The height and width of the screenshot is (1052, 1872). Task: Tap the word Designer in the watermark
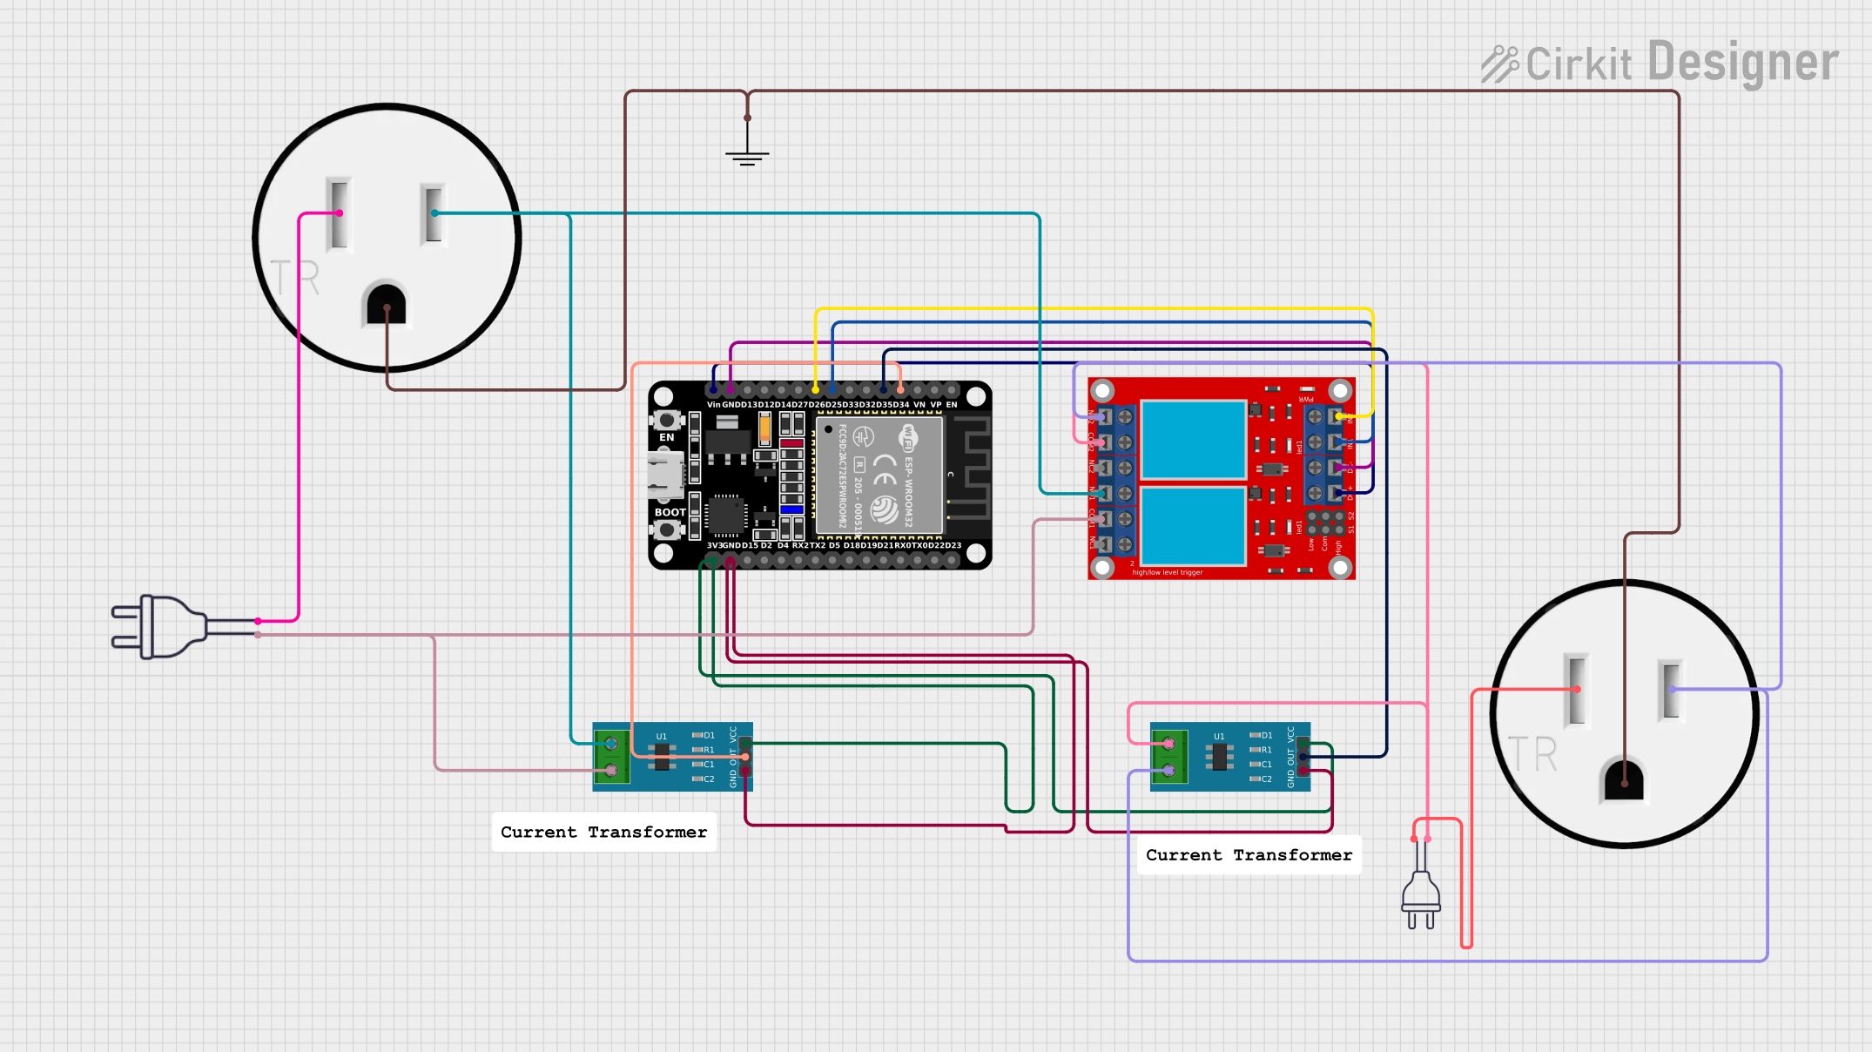pyautogui.click(x=1742, y=63)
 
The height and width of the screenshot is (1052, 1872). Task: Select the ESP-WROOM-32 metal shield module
pyautogui.click(x=879, y=475)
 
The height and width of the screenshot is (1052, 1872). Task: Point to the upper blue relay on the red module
pyautogui.click(x=1193, y=439)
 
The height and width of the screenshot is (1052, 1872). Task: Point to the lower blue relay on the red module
pyautogui.click(x=1193, y=526)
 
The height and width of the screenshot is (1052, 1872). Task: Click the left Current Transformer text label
pyautogui.click(x=603, y=832)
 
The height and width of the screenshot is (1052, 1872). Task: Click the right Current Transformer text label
pyautogui.click(x=1249, y=855)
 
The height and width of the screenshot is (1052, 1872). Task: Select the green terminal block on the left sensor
pyautogui.click(x=611, y=757)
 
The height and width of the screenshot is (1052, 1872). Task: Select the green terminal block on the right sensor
pyautogui.click(x=1169, y=757)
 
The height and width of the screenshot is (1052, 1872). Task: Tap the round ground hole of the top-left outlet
pyautogui.click(x=387, y=305)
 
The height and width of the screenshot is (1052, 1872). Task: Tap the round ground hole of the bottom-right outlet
pyautogui.click(x=1624, y=779)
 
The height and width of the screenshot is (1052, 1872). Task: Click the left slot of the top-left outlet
pyautogui.click(x=339, y=213)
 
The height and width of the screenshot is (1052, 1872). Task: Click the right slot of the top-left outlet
pyautogui.click(x=433, y=213)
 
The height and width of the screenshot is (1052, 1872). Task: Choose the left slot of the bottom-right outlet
pyautogui.click(x=1576, y=689)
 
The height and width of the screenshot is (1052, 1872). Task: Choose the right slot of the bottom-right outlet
pyautogui.click(x=1671, y=689)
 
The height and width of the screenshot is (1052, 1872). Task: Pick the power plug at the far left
pyautogui.click(x=161, y=627)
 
